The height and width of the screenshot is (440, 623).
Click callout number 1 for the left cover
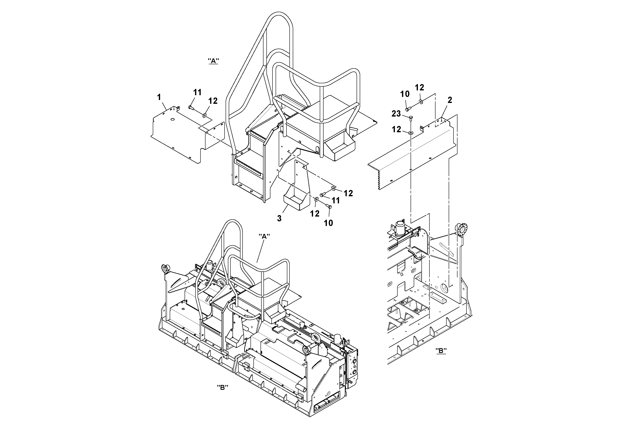click(159, 97)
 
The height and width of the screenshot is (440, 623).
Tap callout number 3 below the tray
click(279, 218)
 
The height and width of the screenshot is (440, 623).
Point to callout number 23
click(396, 114)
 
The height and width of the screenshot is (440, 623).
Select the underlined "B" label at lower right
click(441, 351)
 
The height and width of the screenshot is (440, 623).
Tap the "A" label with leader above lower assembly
click(264, 236)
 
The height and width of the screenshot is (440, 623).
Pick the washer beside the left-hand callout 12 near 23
click(411, 133)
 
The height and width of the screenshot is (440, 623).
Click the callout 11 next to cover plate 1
click(197, 92)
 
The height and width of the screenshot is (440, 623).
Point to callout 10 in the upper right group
click(405, 94)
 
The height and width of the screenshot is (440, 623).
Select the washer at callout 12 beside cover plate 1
click(204, 116)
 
